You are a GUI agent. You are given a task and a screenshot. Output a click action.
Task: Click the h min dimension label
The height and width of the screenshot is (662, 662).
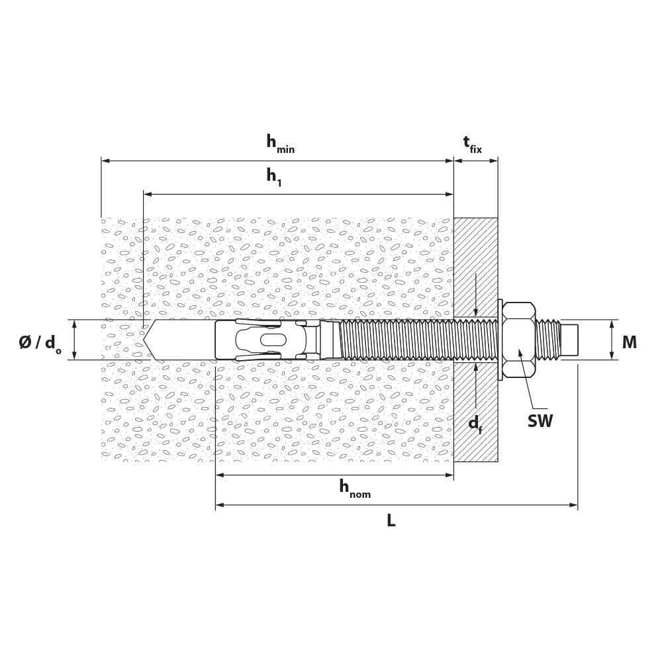[x=280, y=144]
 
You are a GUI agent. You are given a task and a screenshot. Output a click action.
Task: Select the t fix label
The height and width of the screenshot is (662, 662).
[x=473, y=144]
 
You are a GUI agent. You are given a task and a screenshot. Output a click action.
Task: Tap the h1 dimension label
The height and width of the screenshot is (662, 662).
[x=273, y=177]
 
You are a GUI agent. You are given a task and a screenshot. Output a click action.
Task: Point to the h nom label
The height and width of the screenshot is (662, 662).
[x=355, y=489]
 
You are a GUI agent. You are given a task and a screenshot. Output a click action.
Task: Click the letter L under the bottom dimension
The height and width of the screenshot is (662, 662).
[x=391, y=520]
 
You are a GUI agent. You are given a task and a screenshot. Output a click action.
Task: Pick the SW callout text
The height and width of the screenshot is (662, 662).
[x=540, y=421]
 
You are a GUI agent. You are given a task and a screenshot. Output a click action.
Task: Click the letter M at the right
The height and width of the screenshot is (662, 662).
[x=629, y=342]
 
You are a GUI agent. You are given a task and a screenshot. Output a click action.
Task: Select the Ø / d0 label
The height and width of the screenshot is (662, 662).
[x=40, y=344]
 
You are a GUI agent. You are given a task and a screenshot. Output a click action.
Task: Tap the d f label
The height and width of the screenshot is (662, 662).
[x=475, y=424]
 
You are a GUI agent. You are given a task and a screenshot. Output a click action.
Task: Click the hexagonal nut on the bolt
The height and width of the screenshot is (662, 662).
[x=519, y=340]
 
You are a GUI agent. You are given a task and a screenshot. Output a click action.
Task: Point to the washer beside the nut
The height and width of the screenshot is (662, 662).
[x=500, y=340]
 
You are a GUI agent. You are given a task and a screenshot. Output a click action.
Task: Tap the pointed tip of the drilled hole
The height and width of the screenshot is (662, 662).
[x=144, y=340]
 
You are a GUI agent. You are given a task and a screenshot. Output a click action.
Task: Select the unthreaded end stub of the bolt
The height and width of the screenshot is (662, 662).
[x=569, y=340]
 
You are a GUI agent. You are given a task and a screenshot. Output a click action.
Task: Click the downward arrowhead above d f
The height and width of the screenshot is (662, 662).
[x=476, y=312]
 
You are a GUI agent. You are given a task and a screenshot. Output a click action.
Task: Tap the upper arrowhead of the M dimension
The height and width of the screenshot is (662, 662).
[x=612, y=324]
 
